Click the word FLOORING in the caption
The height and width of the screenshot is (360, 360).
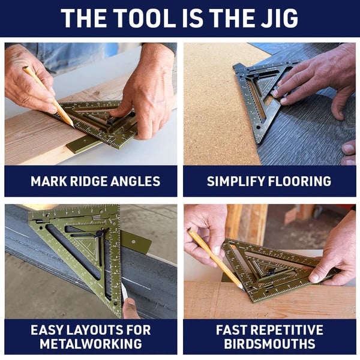tap(299, 181)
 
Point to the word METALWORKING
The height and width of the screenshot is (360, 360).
tap(91, 344)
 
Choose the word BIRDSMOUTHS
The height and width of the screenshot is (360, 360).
tap(269, 344)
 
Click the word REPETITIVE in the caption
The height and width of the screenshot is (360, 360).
tap(287, 330)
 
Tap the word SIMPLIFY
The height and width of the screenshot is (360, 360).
tap(236, 181)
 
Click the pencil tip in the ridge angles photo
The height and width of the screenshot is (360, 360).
tap(73, 127)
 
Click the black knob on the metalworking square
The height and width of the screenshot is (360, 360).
tap(100, 233)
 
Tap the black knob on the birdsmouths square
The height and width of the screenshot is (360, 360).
tap(271, 272)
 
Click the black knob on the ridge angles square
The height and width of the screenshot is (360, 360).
tap(110, 121)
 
